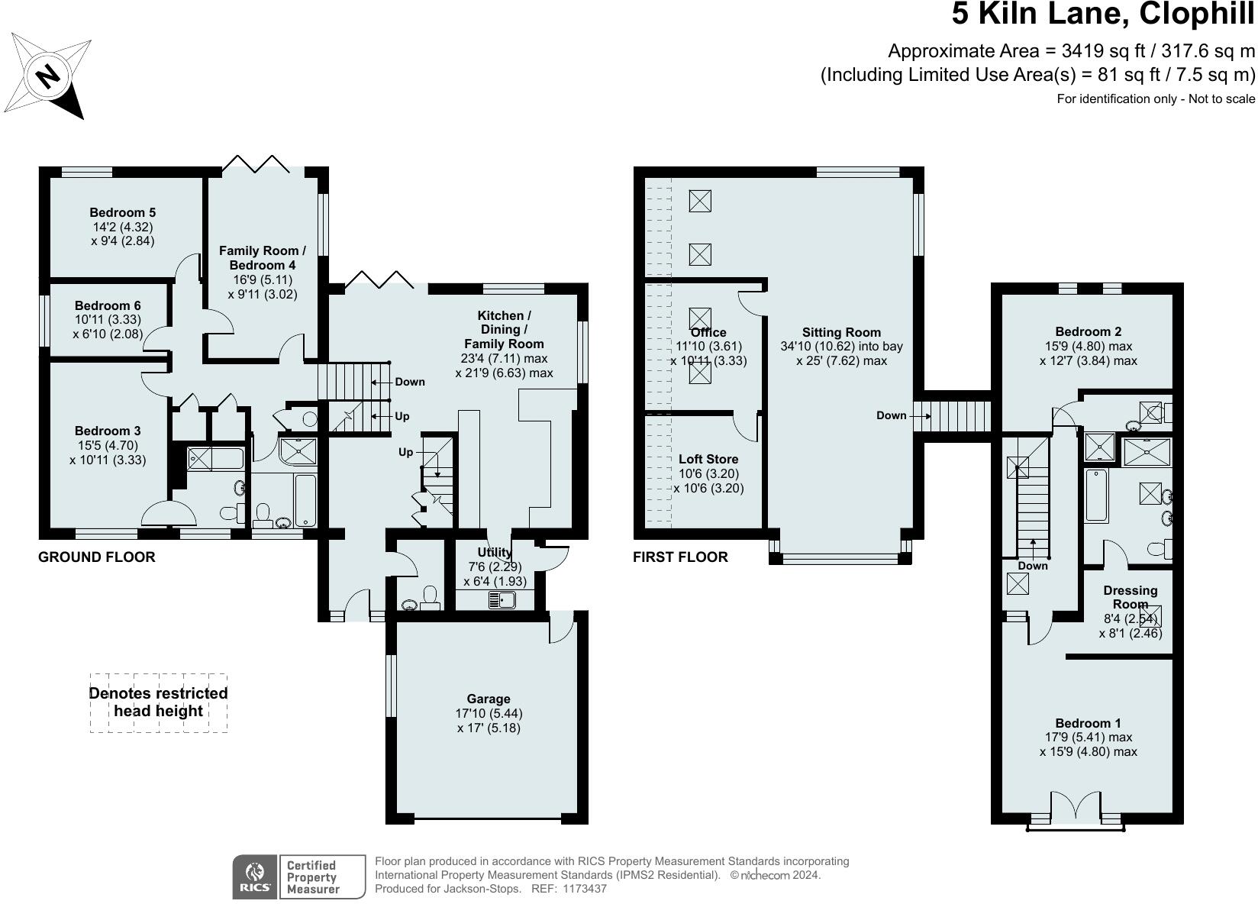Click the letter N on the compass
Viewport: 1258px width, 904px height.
pyautogui.click(x=48, y=76)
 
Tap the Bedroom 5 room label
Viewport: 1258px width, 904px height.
pyautogui.click(x=122, y=212)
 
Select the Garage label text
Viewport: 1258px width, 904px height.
pyautogui.click(x=488, y=699)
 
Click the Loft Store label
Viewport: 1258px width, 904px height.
pyautogui.click(x=708, y=459)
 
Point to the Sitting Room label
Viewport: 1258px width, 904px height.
pyautogui.click(x=841, y=333)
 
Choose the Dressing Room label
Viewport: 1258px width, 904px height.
pyautogui.click(x=1130, y=597)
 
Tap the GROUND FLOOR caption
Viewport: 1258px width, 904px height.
pyautogui.click(x=97, y=557)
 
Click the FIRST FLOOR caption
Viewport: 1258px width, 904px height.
pyautogui.click(x=680, y=557)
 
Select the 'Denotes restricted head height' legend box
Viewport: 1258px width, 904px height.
pyautogui.click(x=158, y=702)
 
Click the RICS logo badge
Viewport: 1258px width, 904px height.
pyautogui.click(x=254, y=877)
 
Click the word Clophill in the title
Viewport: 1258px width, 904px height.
pyautogui.click(x=1197, y=15)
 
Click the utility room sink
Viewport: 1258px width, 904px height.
pyautogui.click(x=502, y=600)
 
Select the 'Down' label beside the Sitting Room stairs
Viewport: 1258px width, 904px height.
pyautogui.click(x=892, y=415)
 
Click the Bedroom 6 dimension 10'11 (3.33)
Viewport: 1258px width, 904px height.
pyautogui.click(x=108, y=320)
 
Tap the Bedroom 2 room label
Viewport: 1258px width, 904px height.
pyautogui.click(x=1088, y=331)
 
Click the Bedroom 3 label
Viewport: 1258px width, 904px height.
pyautogui.click(x=108, y=431)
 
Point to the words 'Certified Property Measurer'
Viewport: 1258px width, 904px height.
pyautogui.click(x=313, y=877)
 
